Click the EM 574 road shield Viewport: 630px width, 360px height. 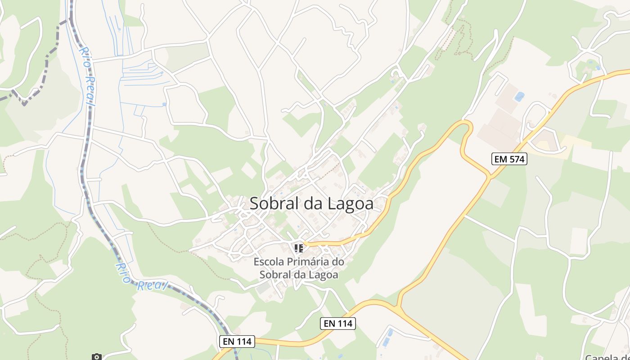(508, 159)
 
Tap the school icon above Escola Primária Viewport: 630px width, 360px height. (298, 247)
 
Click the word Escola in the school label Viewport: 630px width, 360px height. (268, 261)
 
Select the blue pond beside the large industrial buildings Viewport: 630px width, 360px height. (519, 96)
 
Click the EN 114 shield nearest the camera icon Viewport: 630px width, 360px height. (237, 342)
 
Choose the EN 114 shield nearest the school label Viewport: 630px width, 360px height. (338, 323)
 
